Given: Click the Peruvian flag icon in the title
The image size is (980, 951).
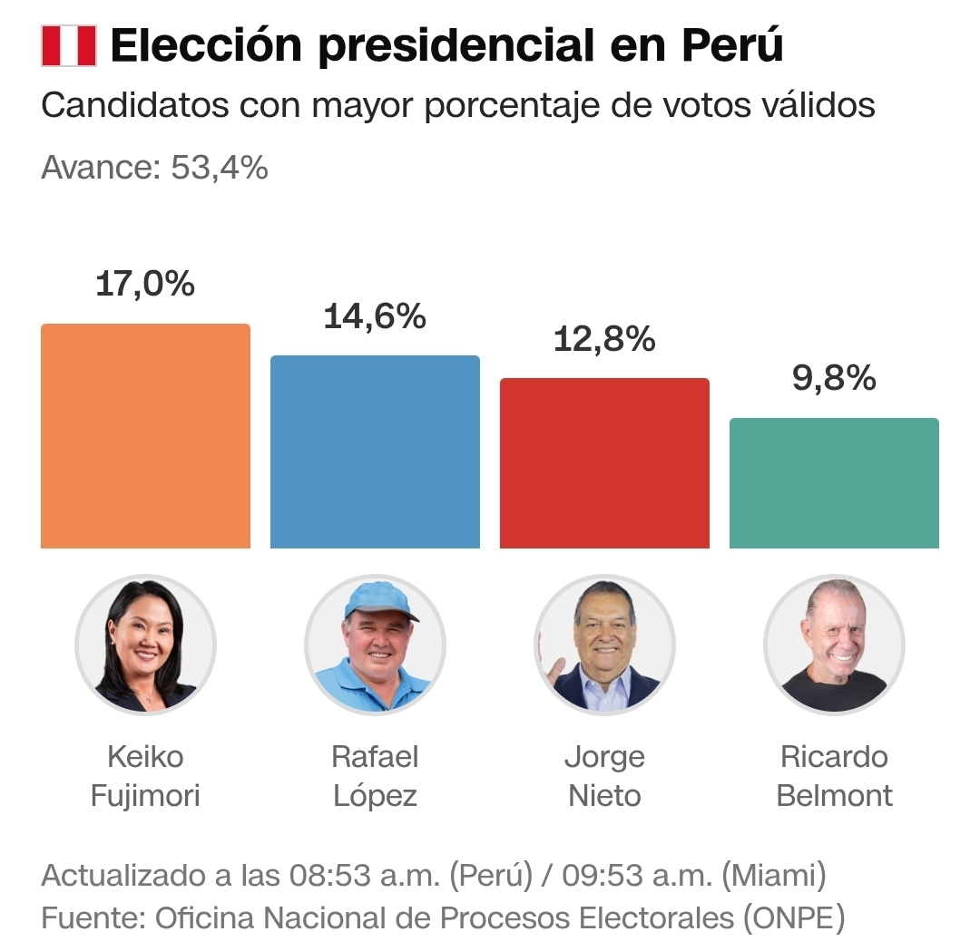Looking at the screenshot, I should pos(68,46).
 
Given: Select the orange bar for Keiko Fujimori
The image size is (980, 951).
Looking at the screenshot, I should pos(145,436).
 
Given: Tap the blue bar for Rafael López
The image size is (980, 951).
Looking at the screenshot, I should pos(375,451).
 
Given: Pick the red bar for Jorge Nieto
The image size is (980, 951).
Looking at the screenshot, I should pos(604,463).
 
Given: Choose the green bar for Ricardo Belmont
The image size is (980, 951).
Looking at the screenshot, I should pos(834,483).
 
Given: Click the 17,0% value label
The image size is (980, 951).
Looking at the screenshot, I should pos(145,284).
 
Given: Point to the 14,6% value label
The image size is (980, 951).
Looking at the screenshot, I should pos(375,316).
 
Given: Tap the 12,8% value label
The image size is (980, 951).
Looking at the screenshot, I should pos(604,339).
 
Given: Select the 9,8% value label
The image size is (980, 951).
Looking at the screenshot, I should pos(834,379).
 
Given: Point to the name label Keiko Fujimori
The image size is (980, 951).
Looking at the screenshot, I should pos(145,776).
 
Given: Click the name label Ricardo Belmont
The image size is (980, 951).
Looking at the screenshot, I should pos(834,776).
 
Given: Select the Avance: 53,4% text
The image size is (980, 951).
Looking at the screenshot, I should pos(154,168).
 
